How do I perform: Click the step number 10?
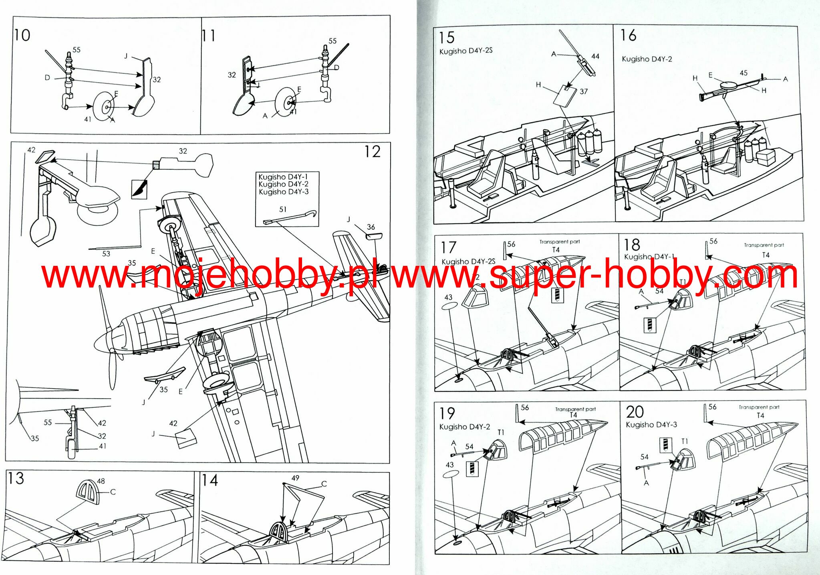point(22,35)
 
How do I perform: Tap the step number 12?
point(372,152)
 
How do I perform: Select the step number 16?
point(628,35)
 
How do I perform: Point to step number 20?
point(635,412)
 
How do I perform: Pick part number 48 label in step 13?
point(101,481)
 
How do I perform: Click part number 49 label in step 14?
point(295,478)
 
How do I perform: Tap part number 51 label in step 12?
point(283,209)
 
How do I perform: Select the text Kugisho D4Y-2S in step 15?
point(466,51)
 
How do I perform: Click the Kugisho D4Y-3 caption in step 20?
point(651,425)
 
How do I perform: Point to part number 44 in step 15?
point(595,57)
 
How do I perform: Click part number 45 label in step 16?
point(743,73)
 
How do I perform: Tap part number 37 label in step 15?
point(584,91)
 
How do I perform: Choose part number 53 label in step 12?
point(106,253)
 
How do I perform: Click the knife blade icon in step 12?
point(139,188)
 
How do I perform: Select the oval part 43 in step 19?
point(451,474)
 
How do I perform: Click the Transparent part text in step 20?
point(759,407)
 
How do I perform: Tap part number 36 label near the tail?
point(371,227)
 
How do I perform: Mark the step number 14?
point(210,480)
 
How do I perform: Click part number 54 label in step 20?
point(644,457)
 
